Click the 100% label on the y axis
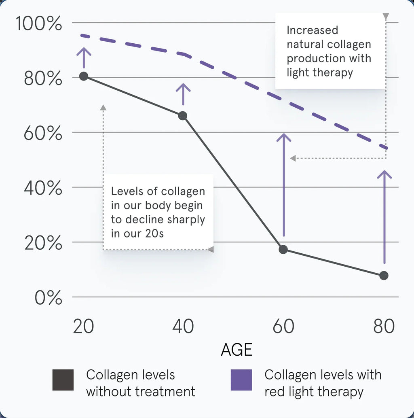[x=39, y=24]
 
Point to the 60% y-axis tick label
[x=43, y=133]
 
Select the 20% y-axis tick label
[x=43, y=243]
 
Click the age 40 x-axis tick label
[x=183, y=326]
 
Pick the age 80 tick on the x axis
[x=384, y=326]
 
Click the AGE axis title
[x=237, y=350]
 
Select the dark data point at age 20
[x=84, y=76]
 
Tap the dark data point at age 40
[x=183, y=116]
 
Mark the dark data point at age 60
[x=283, y=249]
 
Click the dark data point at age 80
[x=384, y=276]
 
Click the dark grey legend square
[x=63, y=380]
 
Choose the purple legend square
[x=241, y=380]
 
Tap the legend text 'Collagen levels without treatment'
[x=140, y=383]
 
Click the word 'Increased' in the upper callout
[x=312, y=30]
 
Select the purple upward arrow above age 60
[x=284, y=184]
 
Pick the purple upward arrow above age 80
[x=384, y=216]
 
